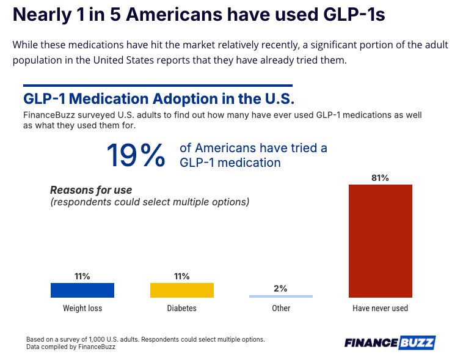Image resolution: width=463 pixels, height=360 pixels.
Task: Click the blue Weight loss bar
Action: [82, 290]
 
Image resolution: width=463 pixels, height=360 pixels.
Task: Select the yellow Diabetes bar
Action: [182, 290]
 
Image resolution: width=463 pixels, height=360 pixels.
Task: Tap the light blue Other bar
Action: [281, 296]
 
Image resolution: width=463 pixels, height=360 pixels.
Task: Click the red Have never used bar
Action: [380, 241]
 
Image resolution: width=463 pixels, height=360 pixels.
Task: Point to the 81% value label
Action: [380, 178]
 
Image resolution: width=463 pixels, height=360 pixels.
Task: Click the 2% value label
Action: [281, 288]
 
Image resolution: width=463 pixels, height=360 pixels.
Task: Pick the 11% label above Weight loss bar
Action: [82, 276]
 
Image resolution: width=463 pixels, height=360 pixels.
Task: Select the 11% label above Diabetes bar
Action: [182, 276]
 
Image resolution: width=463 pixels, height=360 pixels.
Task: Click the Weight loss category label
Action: [82, 308]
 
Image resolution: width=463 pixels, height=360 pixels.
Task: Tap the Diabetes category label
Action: [182, 308]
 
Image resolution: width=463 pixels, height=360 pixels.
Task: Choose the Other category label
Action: [281, 308]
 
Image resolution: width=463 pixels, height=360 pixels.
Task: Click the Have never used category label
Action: [380, 308]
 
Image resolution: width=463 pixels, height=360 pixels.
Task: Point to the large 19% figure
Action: [136, 155]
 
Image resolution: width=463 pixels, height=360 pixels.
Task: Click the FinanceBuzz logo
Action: [389, 342]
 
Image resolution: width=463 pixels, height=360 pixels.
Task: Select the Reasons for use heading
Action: [91, 190]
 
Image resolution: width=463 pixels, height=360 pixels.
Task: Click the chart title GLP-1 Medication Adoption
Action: [159, 98]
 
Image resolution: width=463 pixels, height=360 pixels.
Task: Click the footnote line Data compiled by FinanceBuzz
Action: [70, 347]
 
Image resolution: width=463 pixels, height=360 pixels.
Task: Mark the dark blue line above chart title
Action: [158, 85]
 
